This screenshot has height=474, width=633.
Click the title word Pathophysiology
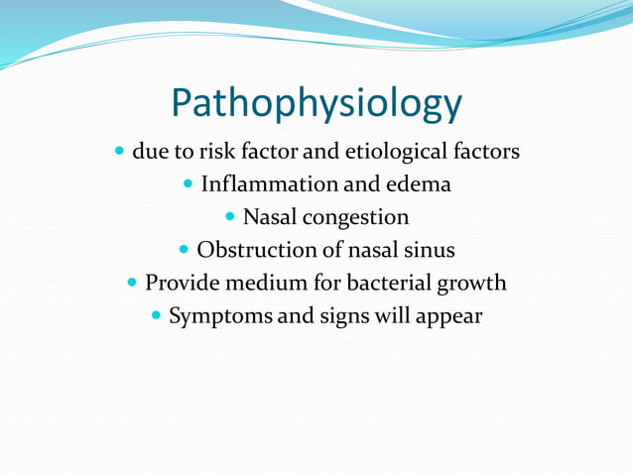[316, 102]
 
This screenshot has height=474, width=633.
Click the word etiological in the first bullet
[392, 153]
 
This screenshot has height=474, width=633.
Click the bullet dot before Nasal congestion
[231, 217]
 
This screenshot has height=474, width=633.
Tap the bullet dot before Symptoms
[156, 315]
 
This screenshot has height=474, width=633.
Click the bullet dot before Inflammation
[189, 184]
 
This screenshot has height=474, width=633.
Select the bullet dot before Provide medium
[133, 283]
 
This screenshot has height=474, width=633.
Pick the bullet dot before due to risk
[119, 153]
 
